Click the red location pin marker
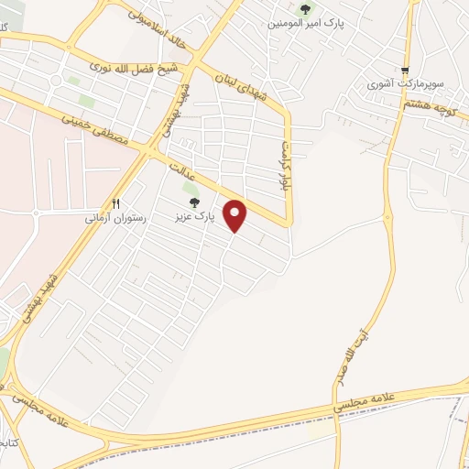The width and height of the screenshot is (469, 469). [x=236, y=215]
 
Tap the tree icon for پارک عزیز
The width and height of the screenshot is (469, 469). [x=191, y=202]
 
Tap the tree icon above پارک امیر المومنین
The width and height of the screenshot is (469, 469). [x=305, y=8]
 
